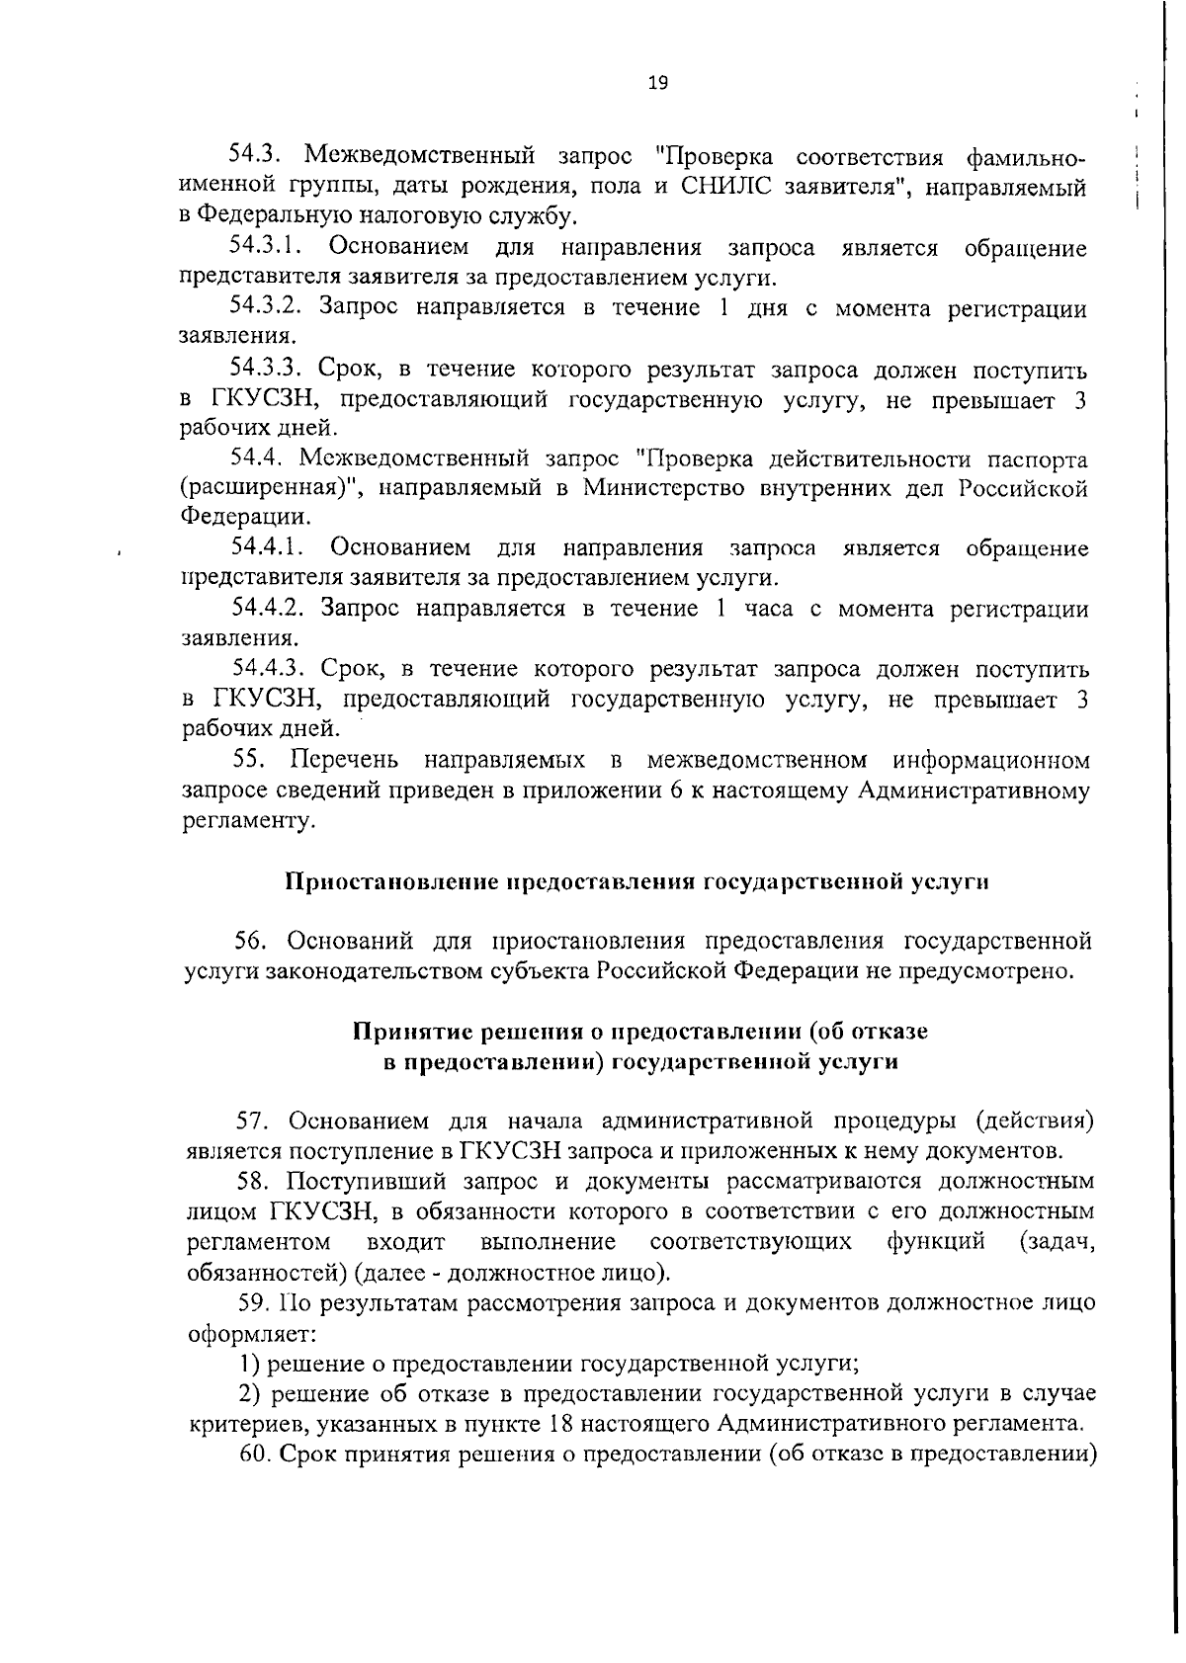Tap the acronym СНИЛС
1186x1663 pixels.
coord(724,186)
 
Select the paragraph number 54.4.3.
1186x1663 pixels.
coord(273,669)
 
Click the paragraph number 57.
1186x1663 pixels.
coord(253,1122)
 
